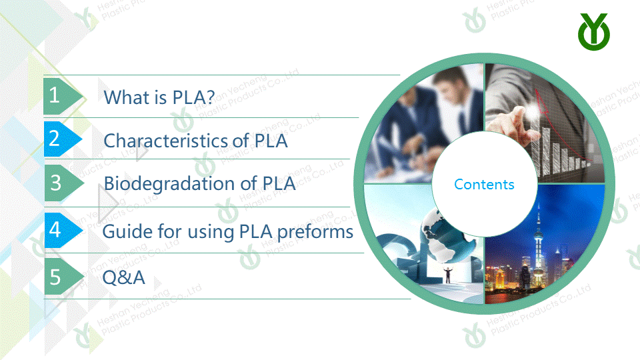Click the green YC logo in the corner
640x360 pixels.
click(x=594, y=32)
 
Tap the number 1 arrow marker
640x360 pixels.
click(x=63, y=96)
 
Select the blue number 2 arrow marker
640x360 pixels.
click(x=63, y=139)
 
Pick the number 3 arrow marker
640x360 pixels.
click(x=64, y=183)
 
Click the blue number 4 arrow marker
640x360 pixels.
click(x=64, y=230)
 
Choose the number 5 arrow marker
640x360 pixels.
click(x=64, y=277)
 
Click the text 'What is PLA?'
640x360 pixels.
click(x=159, y=97)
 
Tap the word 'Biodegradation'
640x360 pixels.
click(x=169, y=184)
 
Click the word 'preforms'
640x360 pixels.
click(x=315, y=232)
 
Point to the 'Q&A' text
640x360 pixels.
click(x=124, y=277)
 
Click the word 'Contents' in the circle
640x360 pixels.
click(x=484, y=185)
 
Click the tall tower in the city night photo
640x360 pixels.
click(x=539, y=245)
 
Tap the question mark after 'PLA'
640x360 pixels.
click(x=210, y=97)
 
